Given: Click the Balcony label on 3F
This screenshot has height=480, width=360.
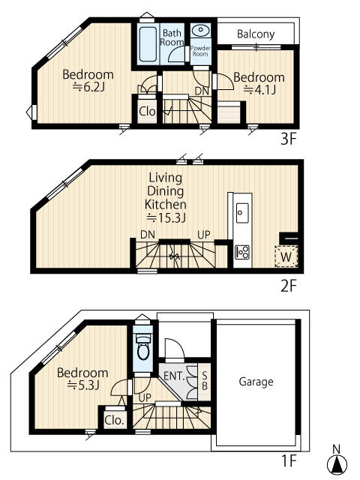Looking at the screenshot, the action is (256, 34).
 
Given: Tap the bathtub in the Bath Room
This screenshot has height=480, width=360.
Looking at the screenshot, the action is (148, 44).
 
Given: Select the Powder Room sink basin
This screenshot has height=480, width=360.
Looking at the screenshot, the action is (201, 30).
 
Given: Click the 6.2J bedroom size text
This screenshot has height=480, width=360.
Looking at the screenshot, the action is (88, 88).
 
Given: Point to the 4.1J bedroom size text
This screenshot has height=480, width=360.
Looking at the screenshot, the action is (260, 90).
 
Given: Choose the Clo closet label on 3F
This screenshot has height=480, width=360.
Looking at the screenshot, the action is (147, 112).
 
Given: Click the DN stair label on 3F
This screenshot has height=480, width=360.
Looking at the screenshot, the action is (202, 91).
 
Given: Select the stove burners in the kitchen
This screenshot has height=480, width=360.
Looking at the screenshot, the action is (242, 252).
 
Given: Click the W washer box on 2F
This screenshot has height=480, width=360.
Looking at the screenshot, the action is (286, 256).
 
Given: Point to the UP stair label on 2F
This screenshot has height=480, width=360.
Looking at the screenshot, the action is (204, 235).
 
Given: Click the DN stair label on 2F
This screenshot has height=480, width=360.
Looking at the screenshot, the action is (148, 235).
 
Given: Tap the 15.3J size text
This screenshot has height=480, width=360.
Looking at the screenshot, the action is (166, 217).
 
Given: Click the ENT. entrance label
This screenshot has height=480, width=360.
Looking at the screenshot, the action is (174, 376).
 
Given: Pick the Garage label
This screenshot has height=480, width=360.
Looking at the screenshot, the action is (256, 382).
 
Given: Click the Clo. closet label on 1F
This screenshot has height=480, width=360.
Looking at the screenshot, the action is (115, 420).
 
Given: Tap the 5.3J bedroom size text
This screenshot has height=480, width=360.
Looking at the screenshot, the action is (83, 385).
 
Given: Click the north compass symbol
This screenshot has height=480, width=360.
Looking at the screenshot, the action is (337, 462).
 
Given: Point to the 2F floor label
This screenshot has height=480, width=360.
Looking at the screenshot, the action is (289, 286).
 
